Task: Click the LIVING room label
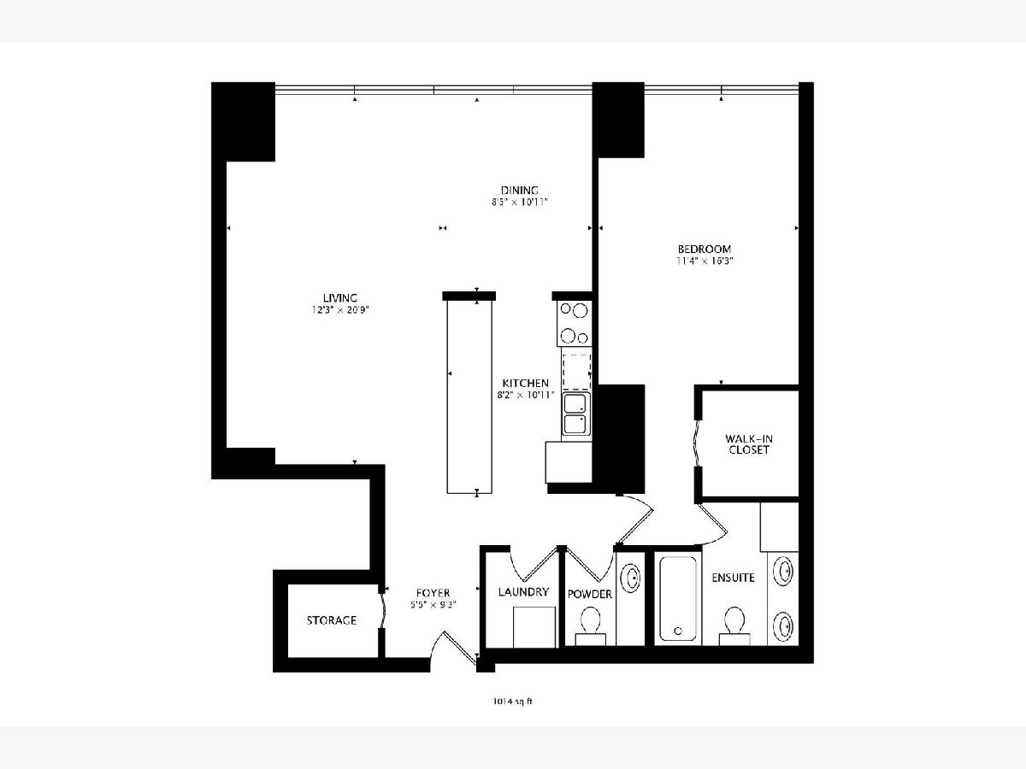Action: pos(339,298)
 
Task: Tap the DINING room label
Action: pos(519,190)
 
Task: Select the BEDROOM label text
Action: pos(705,249)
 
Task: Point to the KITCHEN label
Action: pos(525,383)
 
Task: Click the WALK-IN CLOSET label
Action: pos(749,444)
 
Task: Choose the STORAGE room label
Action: pos(332,620)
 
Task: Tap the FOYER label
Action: pos(433,593)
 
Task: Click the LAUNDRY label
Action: pos(523,591)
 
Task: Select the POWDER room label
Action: pos(589,594)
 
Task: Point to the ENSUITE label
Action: pos(733,578)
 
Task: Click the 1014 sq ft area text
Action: pos(512,701)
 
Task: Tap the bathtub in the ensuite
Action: pos(678,599)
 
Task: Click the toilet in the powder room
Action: pos(590,625)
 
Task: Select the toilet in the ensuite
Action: pos(734,625)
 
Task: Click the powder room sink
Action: pos(630,578)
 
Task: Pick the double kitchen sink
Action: pos(576,414)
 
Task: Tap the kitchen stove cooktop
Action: pos(574,323)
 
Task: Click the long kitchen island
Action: pos(469,396)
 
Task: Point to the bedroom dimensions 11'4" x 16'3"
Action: pos(705,261)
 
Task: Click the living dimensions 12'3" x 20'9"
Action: pos(340,310)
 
